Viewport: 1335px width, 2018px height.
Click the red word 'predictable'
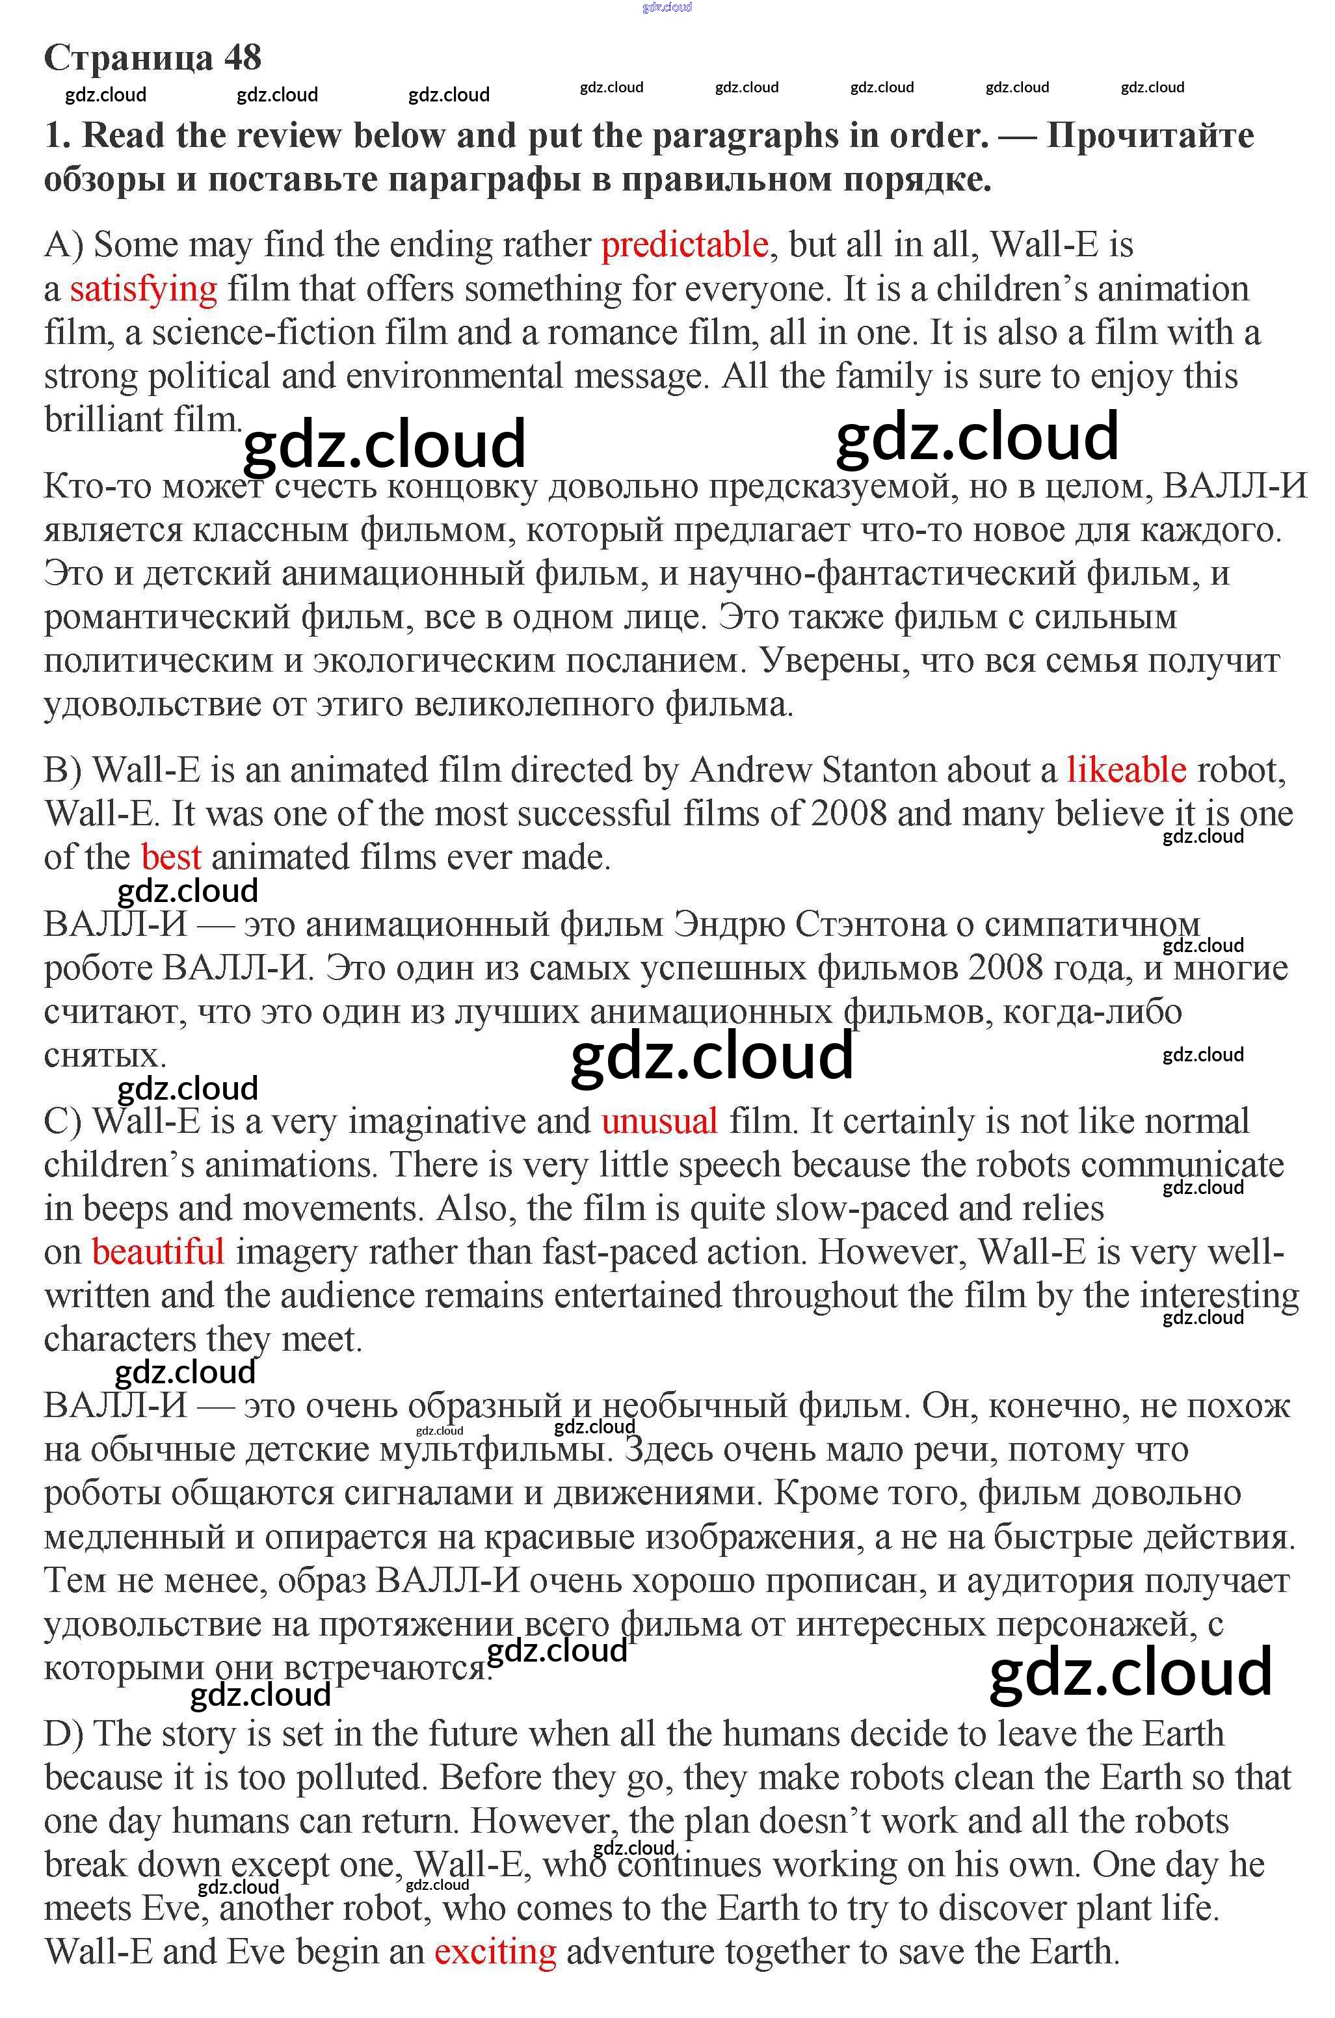pos(685,245)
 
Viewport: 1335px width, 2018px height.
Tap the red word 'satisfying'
pos(143,289)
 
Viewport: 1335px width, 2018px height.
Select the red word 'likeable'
pos(1126,771)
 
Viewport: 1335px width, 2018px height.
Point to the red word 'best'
pos(171,857)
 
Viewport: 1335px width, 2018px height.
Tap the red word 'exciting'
pos(495,1951)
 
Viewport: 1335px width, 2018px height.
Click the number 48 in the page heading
pos(243,58)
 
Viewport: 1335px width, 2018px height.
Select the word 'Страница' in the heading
pos(127,58)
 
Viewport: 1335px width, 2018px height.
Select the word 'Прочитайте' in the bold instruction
pos(1150,136)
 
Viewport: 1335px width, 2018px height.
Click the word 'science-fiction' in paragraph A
pos(263,333)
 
